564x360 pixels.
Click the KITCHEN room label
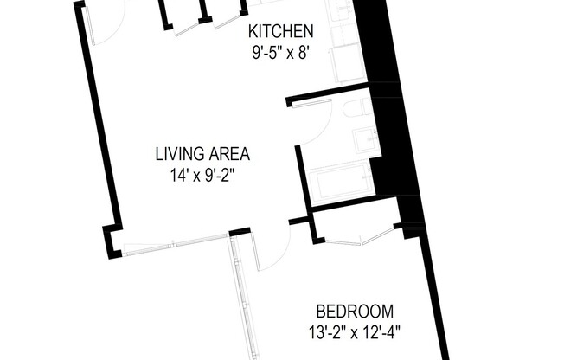pyautogui.click(x=280, y=32)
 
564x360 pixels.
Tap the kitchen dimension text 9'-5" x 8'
pyautogui.click(x=280, y=51)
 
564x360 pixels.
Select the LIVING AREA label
pyautogui.click(x=202, y=155)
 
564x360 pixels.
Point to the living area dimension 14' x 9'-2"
pyautogui.click(x=202, y=176)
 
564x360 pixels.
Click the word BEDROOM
pyautogui.click(x=355, y=311)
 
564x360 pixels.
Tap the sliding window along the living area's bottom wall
pyautogui.click(x=176, y=242)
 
